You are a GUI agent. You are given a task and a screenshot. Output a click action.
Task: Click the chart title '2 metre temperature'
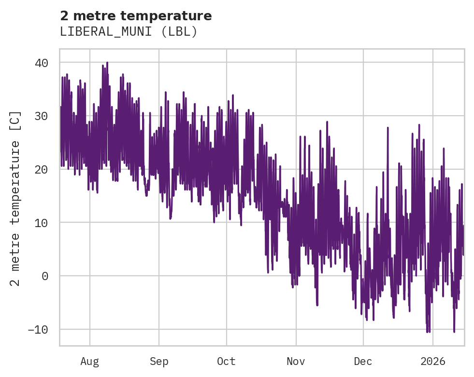coord(136,16)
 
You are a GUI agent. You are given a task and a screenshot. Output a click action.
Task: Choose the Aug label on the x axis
coord(90,362)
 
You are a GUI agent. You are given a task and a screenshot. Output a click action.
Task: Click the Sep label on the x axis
coord(159,362)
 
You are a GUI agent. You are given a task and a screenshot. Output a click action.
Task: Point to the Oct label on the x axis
coord(226,362)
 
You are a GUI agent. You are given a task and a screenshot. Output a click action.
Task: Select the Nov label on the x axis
coord(296,362)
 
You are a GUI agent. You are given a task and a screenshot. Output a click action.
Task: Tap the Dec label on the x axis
coord(363,362)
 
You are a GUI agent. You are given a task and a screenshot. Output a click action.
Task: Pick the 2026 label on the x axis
coord(433,362)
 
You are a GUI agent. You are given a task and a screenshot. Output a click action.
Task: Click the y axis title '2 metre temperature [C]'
coord(15,198)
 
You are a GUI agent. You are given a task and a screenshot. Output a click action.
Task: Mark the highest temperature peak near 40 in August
coord(107,63)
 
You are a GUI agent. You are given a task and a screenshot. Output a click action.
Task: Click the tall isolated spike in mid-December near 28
coord(388,128)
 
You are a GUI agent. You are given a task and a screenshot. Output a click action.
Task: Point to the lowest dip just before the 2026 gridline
coord(427,332)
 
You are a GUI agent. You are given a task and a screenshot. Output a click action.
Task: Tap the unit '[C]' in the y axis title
coord(15,119)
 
